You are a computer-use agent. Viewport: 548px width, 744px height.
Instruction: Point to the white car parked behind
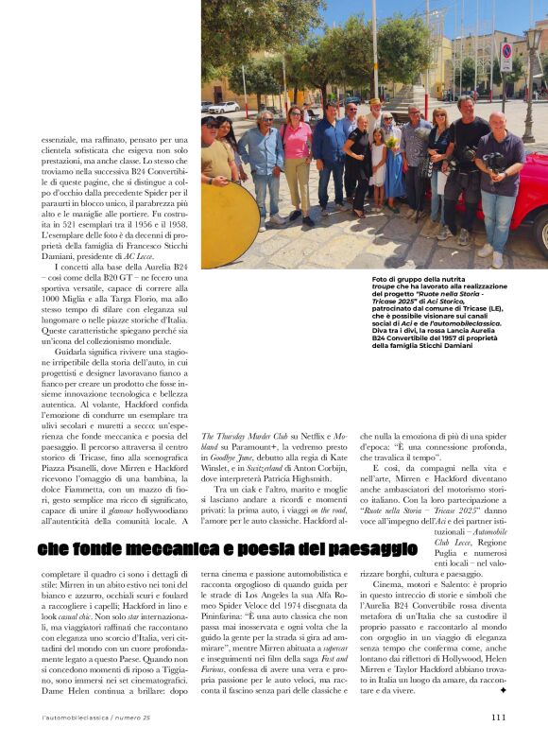pos(224,107)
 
